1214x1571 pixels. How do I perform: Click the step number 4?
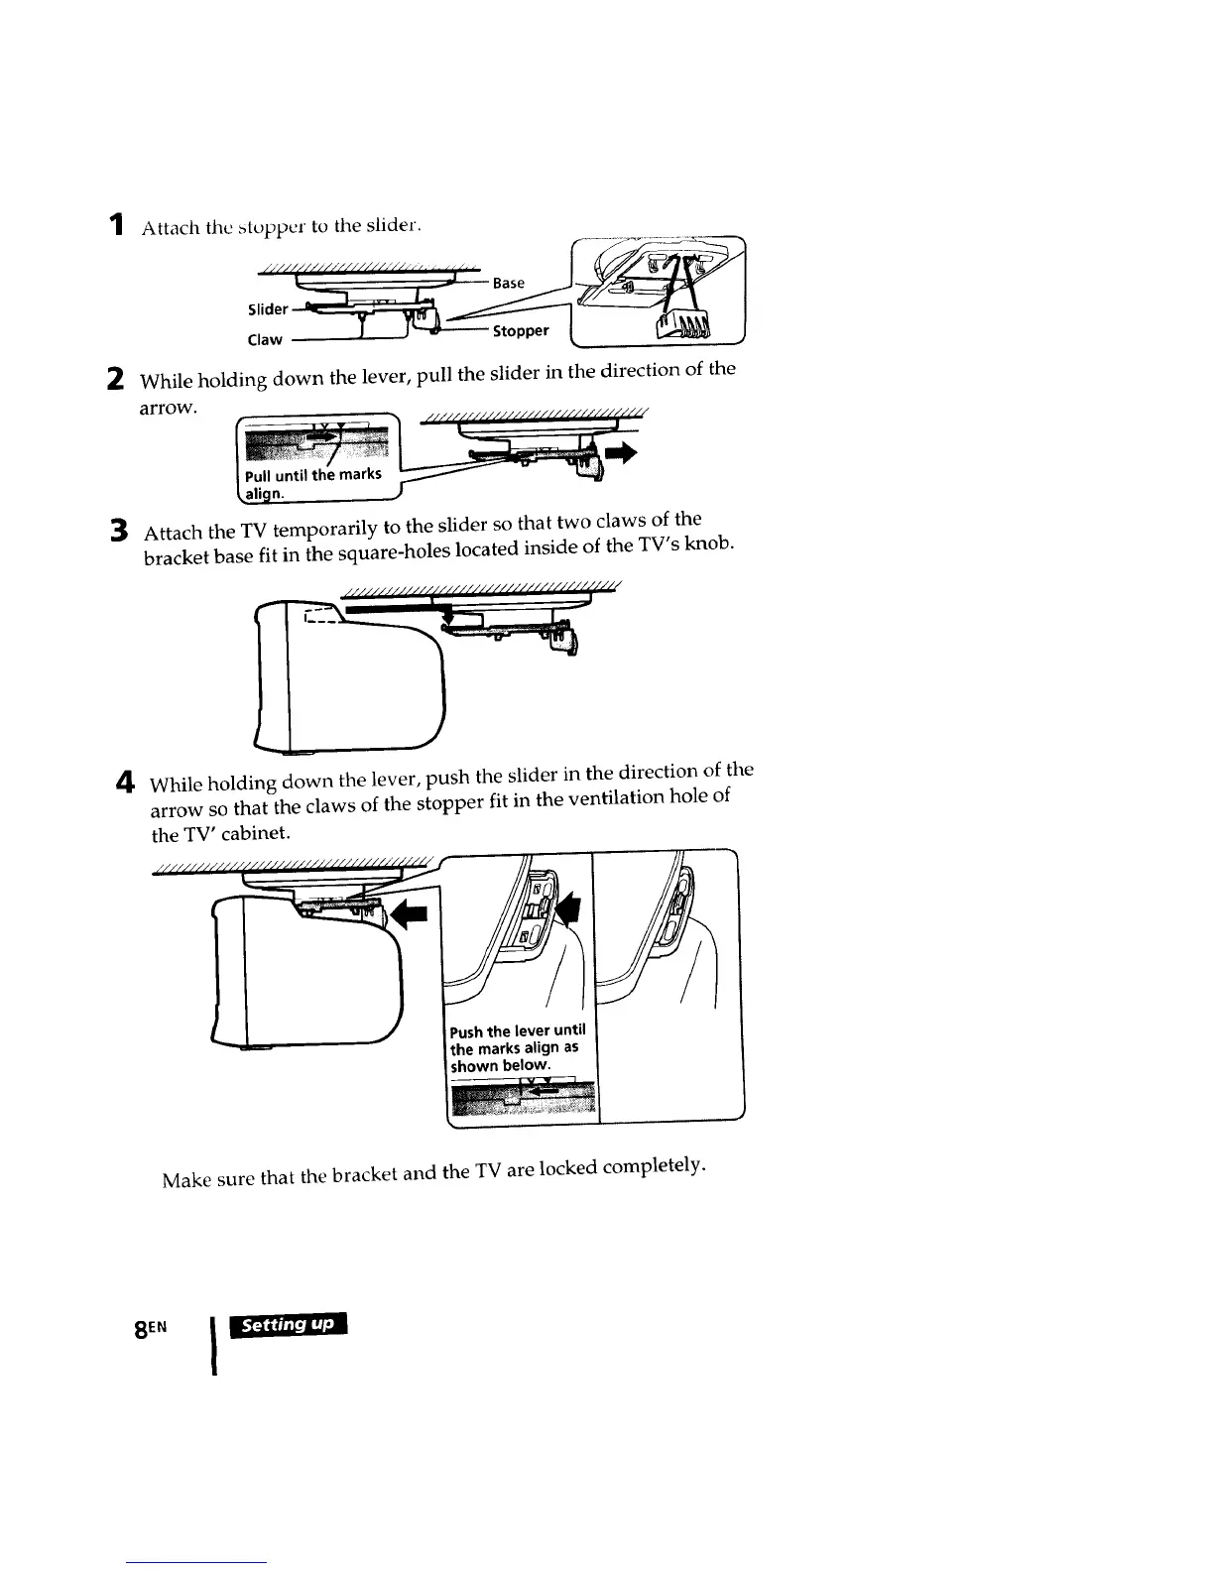tap(126, 782)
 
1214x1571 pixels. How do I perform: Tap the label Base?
tap(509, 283)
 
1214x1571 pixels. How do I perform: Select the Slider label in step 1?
tap(268, 309)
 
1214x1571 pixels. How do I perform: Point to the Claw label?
tap(265, 339)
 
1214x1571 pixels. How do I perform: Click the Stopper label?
tap(521, 330)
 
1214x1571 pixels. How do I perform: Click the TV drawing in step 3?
tap(347, 684)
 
